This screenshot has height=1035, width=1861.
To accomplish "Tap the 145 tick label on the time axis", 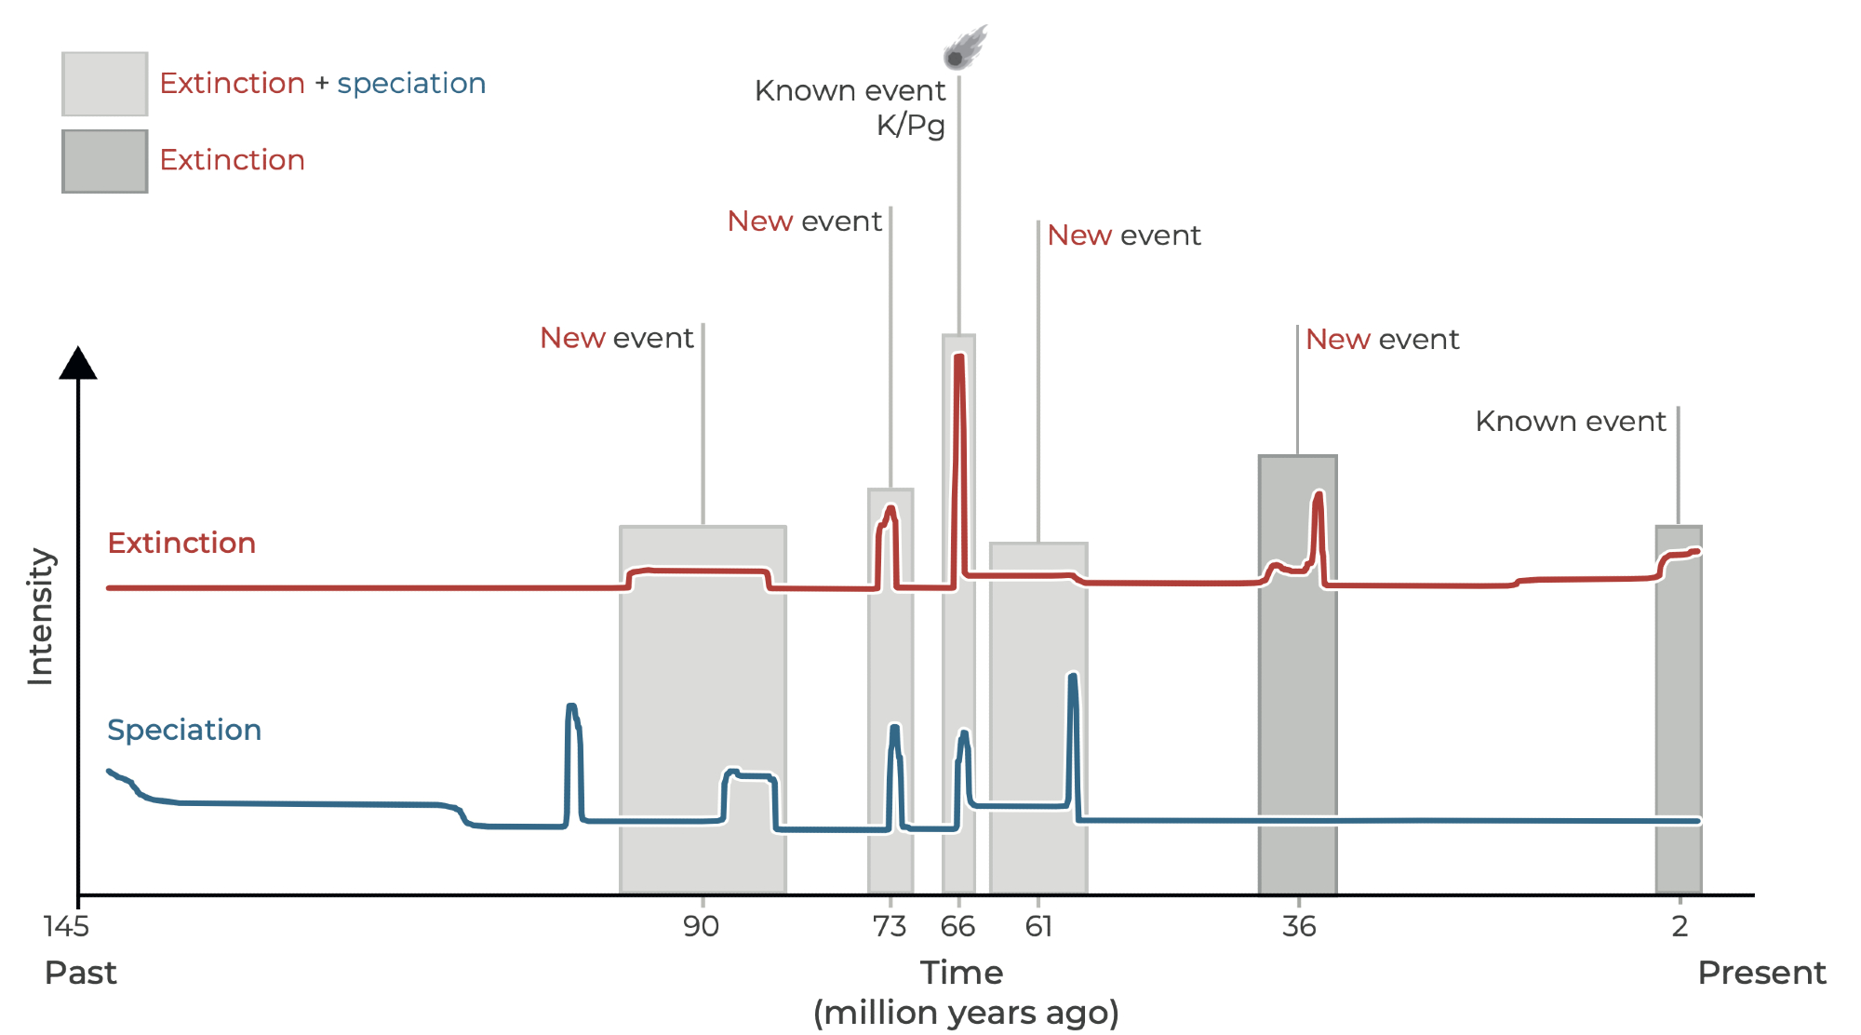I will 66,926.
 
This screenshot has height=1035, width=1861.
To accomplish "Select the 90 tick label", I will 701,926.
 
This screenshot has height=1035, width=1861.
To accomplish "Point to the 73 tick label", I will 890,926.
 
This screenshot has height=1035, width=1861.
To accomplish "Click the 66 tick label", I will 957,926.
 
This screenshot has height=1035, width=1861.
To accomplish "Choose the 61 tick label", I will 1038,926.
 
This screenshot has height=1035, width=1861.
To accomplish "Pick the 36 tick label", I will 1299,926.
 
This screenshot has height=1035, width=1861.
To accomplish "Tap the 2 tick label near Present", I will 1680,926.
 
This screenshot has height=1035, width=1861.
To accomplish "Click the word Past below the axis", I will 81,973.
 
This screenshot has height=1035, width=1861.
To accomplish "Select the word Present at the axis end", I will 1761,973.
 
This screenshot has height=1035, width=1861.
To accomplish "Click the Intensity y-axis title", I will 41,616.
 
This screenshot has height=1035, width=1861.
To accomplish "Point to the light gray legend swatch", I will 104,84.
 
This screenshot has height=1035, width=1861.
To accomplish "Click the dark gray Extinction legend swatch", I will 104,161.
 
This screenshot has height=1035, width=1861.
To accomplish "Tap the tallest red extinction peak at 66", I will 959,359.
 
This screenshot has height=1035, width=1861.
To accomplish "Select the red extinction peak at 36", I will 1318,495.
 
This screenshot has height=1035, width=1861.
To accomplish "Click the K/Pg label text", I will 910,125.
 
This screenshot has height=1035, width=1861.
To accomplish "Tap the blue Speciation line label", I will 184,730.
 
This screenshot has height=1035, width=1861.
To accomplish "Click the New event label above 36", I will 1382,339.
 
